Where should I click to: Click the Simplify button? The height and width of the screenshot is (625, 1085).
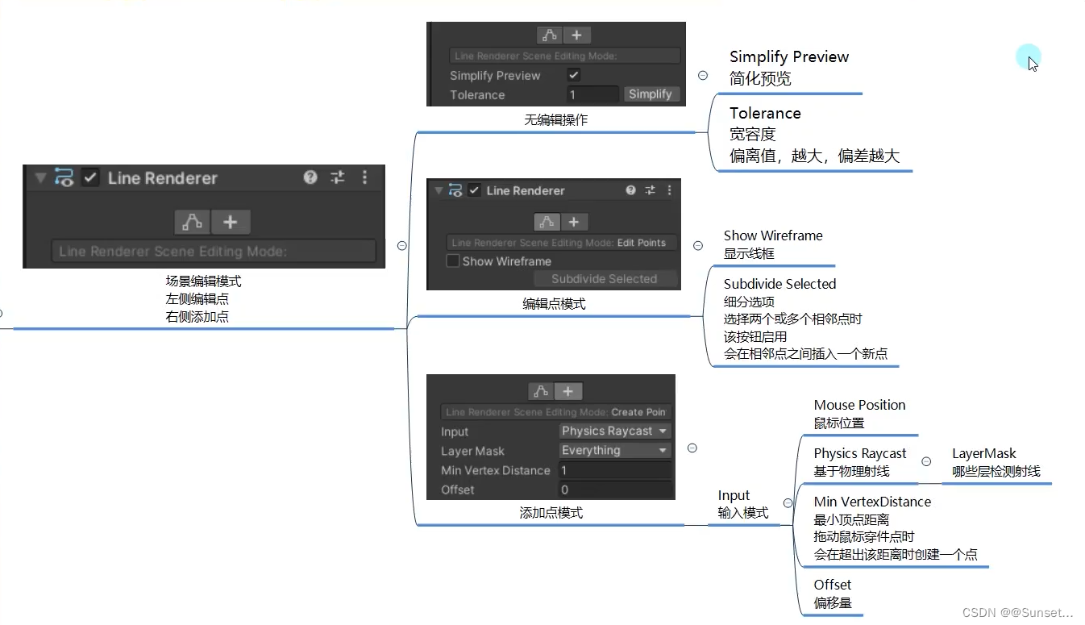pos(651,94)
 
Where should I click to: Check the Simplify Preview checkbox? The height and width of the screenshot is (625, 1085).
pos(574,75)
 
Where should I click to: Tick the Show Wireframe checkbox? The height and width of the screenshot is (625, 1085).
pos(453,261)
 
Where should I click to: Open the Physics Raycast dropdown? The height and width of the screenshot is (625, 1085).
pos(615,431)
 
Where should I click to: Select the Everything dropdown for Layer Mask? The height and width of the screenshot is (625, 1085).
pos(615,451)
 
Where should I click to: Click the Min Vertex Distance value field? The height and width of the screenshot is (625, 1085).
pos(615,470)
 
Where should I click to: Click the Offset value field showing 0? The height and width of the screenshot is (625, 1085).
pos(615,490)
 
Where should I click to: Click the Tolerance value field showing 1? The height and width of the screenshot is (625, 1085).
pos(592,94)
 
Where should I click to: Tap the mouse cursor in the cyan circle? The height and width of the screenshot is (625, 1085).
pos(1030,60)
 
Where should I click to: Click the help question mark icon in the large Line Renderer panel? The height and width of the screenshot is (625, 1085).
pos(310,177)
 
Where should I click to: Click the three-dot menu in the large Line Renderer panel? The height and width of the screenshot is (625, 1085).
pos(364,177)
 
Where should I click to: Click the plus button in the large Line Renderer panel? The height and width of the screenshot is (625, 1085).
pos(231,222)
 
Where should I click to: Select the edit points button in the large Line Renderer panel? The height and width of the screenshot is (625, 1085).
pos(192,222)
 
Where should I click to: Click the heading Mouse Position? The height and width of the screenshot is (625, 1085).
pos(859,405)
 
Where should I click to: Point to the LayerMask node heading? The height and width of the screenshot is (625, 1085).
pos(983,453)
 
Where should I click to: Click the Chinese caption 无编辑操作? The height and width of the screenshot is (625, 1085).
pos(556,119)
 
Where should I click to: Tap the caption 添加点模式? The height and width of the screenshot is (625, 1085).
pos(551,512)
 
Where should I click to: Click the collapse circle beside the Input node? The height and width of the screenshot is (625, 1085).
pos(788,503)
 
